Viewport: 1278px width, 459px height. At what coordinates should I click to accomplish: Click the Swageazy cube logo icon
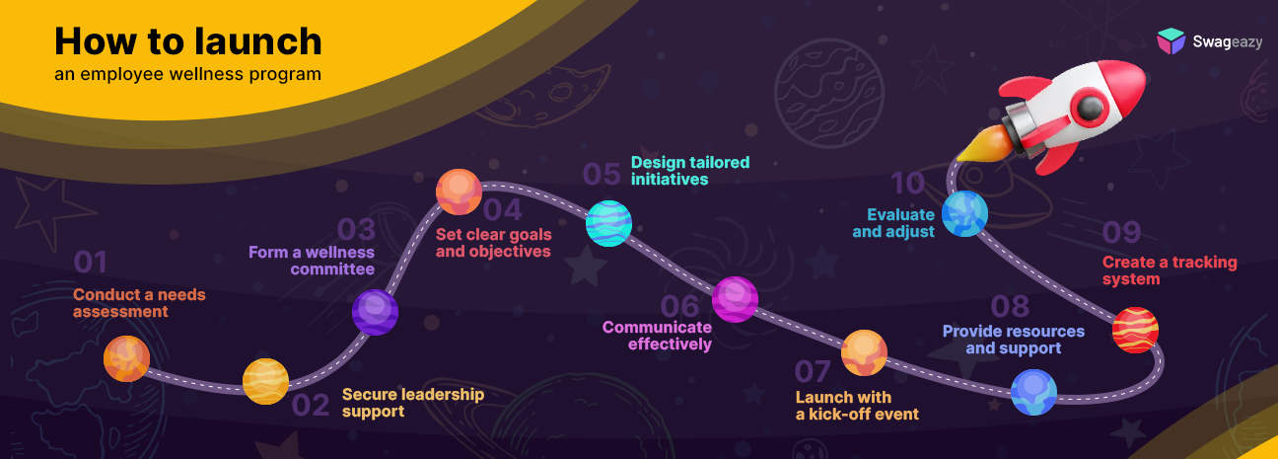(1171, 41)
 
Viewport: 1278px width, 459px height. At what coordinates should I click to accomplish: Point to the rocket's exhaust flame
(985, 143)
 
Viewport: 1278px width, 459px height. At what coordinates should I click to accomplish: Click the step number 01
(90, 263)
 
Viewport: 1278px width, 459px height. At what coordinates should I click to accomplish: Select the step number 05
(602, 174)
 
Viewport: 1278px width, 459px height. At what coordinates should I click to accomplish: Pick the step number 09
(1121, 232)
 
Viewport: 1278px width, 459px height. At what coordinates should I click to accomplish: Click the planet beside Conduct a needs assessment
(126, 358)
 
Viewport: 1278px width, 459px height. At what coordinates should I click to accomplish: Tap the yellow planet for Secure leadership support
(265, 381)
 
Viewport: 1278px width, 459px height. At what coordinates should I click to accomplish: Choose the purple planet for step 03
(375, 312)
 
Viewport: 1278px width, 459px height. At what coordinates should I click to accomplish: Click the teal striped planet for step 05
(608, 223)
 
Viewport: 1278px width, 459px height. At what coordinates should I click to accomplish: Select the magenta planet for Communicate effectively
(735, 299)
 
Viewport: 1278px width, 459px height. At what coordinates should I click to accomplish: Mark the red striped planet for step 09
(1135, 330)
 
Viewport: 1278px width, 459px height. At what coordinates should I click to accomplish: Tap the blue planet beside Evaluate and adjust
(964, 213)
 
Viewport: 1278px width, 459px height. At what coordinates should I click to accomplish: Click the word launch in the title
(258, 41)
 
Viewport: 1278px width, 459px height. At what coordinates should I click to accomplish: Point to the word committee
(332, 268)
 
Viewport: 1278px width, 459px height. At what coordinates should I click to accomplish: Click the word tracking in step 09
(1205, 263)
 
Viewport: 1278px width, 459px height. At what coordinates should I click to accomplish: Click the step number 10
(907, 184)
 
